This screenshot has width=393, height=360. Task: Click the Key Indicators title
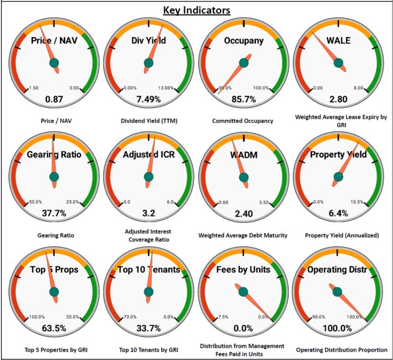[197, 10]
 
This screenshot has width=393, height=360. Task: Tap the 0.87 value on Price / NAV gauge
[54, 99]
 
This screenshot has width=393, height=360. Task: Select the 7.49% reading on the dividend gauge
[149, 99]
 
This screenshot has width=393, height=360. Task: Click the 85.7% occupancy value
[243, 99]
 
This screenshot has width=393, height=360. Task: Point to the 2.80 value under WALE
[338, 99]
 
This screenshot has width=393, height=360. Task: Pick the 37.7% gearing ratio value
[54, 213]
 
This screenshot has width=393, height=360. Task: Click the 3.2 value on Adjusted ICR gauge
[149, 213]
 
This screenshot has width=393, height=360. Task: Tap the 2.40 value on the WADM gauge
[243, 213]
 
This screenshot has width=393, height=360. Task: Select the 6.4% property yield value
[338, 213]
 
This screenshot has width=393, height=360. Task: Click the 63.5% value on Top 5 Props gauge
[54, 328]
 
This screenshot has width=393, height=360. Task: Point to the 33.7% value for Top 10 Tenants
[149, 328]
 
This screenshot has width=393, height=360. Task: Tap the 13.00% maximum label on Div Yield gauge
[166, 88]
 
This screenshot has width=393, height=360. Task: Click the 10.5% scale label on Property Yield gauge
[358, 202]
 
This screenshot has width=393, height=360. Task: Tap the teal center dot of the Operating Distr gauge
[338, 292]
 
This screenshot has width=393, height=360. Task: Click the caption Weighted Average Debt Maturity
[243, 235]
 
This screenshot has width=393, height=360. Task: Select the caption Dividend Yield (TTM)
[149, 121]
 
